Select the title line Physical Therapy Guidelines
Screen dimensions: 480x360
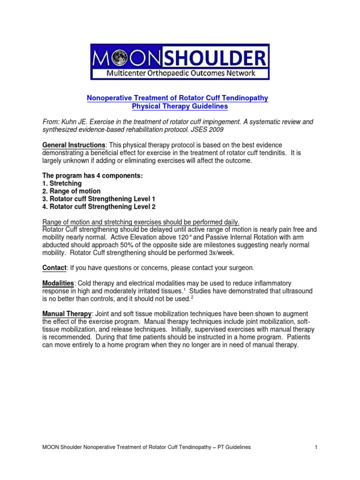pyautogui.click(x=180, y=106)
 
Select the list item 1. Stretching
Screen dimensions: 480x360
pyautogui.click(x=61, y=183)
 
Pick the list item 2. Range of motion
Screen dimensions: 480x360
pyautogui.click(x=71, y=191)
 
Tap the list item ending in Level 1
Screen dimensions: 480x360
pyautogui.click(x=99, y=199)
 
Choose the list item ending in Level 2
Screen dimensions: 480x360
pyautogui.click(x=99, y=207)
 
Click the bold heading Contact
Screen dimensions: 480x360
pyautogui.click(x=54, y=268)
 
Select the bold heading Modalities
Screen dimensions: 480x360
pyautogui.click(x=58, y=283)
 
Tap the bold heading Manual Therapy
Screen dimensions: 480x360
pyautogui.click(x=67, y=314)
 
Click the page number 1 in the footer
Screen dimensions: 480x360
pyautogui.click(x=317, y=447)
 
